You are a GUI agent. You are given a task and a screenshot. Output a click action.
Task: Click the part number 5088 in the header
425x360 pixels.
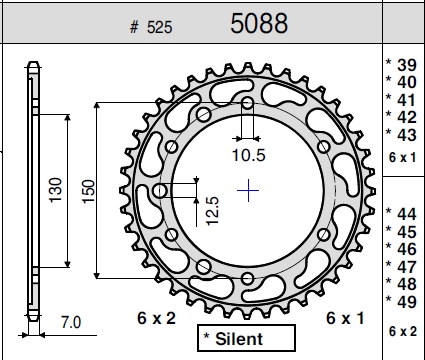[259, 23]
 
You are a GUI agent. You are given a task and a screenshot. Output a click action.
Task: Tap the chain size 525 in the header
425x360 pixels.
[160, 27]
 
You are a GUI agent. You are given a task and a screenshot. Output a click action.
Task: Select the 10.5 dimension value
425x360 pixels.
[249, 155]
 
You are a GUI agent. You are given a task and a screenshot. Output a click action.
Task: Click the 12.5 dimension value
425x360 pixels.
[212, 211]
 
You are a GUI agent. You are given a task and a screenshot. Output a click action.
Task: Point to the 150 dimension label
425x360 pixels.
[88, 191]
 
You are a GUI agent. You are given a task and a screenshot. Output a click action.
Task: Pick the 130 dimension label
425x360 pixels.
[55, 190]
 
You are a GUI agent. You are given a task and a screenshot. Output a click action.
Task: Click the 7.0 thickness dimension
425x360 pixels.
[71, 322]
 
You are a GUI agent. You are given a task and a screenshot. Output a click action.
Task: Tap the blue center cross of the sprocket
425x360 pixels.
[248, 191]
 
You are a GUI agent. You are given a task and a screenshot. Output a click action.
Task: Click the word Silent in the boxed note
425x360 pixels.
[239, 339]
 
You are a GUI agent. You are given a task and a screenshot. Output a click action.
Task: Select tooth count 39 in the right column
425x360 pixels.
[407, 65]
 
